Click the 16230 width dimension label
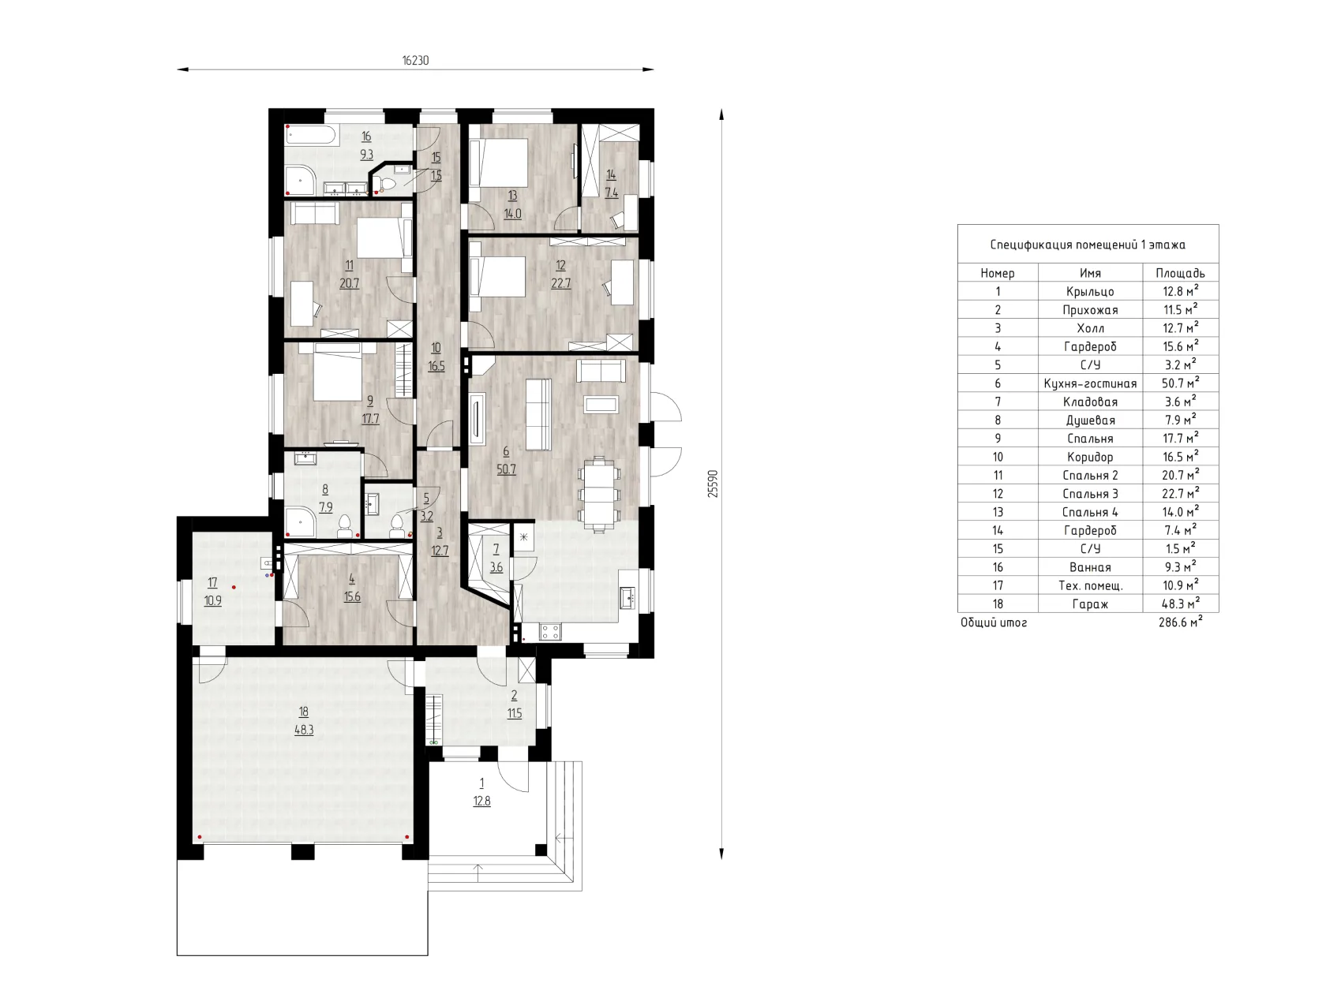pos(415,61)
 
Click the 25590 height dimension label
pos(713,484)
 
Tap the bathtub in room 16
pos(309,134)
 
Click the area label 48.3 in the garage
pos(304,730)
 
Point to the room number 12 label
pos(560,265)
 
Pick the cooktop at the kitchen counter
pos(549,631)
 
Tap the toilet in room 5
pos(398,525)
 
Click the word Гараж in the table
pos(1090,604)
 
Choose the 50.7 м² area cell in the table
pos(1181,383)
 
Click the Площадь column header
pos(1181,274)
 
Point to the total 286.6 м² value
pos(1181,622)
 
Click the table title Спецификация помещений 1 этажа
pos(1088,245)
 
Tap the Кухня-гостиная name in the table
pos(1090,384)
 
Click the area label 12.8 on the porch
pos(481,801)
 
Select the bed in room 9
pos(337,371)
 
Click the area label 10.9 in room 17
pos(212,600)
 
